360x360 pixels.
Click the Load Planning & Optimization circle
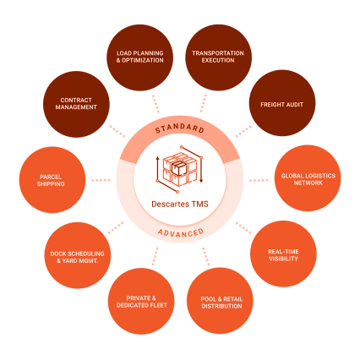[x=140, y=57]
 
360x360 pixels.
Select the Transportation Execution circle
[x=218, y=57]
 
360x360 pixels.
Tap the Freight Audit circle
[x=282, y=103]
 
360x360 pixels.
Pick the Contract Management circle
[x=76, y=104]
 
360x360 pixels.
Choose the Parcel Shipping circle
[x=52, y=180]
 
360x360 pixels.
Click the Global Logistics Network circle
[x=308, y=178]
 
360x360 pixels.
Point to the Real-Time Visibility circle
[x=283, y=254]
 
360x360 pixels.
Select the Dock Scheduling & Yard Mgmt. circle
[x=78, y=255]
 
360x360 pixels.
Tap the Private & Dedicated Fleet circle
[x=141, y=302]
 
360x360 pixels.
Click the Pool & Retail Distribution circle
[x=220, y=301]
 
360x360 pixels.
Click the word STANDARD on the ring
[x=180, y=128]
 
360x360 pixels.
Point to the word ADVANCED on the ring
[x=181, y=233]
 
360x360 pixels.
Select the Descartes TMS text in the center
[x=180, y=204]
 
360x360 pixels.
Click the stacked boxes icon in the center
[x=180, y=169]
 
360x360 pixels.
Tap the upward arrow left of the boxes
[x=157, y=169]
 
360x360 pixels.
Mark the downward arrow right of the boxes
[x=201, y=169]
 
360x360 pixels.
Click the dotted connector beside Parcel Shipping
[x=101, y=180]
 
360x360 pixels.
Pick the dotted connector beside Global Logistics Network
[x=259, y=180]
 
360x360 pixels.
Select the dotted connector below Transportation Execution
[x=204, y=103]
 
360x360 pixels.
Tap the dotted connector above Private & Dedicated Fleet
[x=155, y=257]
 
